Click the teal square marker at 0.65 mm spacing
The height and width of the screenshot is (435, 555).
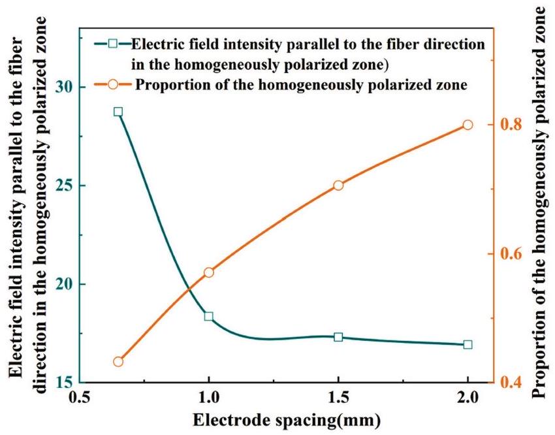(118, 112)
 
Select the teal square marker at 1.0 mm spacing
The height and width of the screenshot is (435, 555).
(209, 317)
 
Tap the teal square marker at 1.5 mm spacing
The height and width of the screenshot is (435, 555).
(338, 337)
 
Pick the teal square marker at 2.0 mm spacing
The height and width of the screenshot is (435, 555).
(468, 344)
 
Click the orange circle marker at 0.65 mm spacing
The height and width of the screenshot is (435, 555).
(118, 362)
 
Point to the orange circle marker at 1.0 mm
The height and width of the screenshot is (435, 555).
(209, 272)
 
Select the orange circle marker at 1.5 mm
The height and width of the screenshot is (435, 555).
(338, 185)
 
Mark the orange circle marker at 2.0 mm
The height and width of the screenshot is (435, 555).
(468, 125)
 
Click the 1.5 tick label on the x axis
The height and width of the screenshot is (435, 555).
(338, 398)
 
